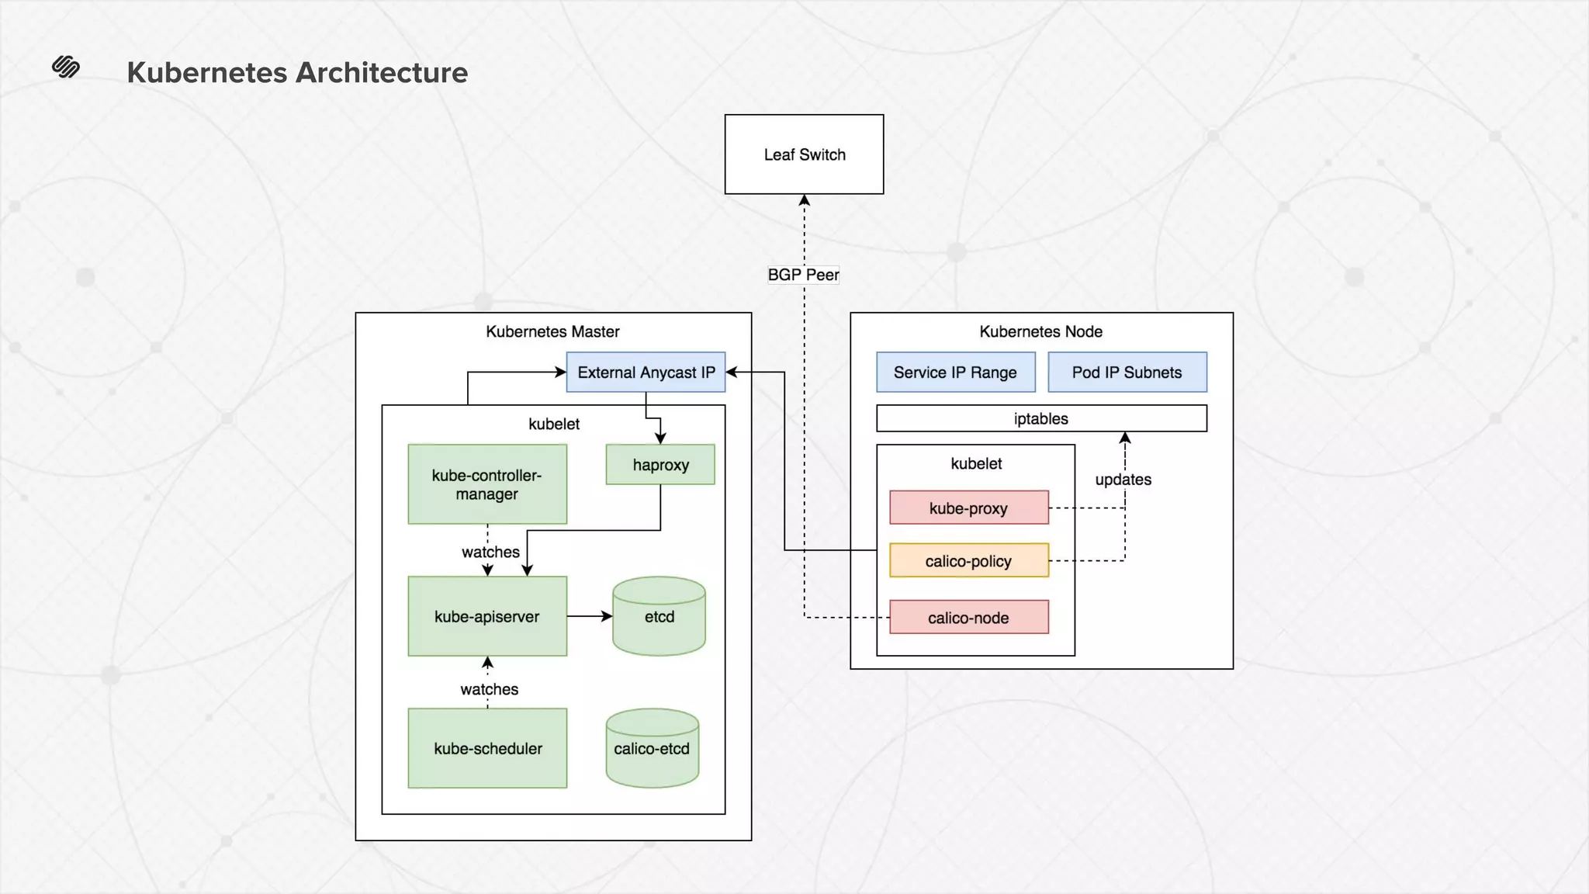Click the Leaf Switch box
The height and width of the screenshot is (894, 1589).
[x=804, y=154]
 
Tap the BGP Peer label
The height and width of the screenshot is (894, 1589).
[x=803, y=275]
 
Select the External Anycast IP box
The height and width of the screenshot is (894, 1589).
[x=646, y=372]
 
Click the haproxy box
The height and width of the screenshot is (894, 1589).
[x=660, y=465]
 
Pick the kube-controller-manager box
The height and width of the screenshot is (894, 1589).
[x=487, y=484]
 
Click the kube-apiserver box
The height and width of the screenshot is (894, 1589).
[x=487, y=616]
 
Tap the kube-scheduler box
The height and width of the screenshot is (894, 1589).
[x=487, y=748]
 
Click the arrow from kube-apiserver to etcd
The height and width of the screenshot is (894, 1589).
[x=589, y=616]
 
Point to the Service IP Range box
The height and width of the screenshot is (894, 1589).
[x=955, y=372]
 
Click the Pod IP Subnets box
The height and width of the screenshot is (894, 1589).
[x=1127, y=372]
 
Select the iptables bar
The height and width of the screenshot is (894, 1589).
[x=1041, y=418]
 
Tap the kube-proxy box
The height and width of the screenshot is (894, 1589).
[x=968, y=508]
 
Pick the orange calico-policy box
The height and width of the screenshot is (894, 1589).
[x=968, y=561]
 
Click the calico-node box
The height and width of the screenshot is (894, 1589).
[x=968, y=618]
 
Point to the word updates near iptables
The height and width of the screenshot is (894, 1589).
[x=1123, y=480]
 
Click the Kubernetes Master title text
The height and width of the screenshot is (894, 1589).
[x=552, y=331]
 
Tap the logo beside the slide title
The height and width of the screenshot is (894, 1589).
[x=66, y=68]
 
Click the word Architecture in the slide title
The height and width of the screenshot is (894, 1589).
[x=382, y=73]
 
